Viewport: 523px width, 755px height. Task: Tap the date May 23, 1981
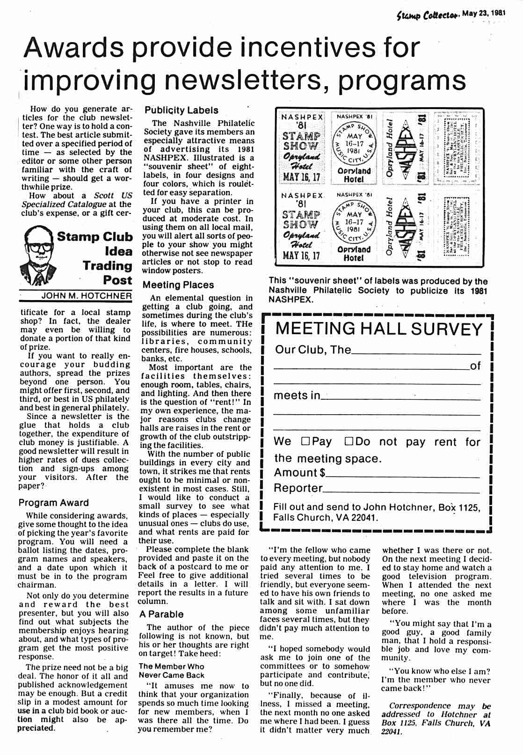pyautogui.click(x=484, y=14)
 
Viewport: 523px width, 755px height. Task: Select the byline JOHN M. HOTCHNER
pyautogui.click(x=87, y=296)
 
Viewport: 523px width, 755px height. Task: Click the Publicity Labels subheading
pyautogui.click(x=182, y=110)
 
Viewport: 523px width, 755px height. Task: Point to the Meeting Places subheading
pyautogui.click(x=178, y=285)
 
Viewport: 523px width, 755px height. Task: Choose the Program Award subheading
pyautogui.click(x=53, y=503)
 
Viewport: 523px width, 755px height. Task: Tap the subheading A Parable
pyautogui.click(x=161, y=614)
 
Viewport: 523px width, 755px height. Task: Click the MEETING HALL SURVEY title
pyautogui.click(x=379, y=329)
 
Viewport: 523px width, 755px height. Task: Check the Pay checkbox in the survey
pyautogui.click(x=305, y=441)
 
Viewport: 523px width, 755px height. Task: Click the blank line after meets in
pyautogui.click(x=400, y=398)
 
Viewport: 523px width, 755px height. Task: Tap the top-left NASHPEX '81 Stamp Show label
pyautogui.click(x=302, y=148)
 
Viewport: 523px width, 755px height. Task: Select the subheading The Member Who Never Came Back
pyautogui.click(x=171, y=671)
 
